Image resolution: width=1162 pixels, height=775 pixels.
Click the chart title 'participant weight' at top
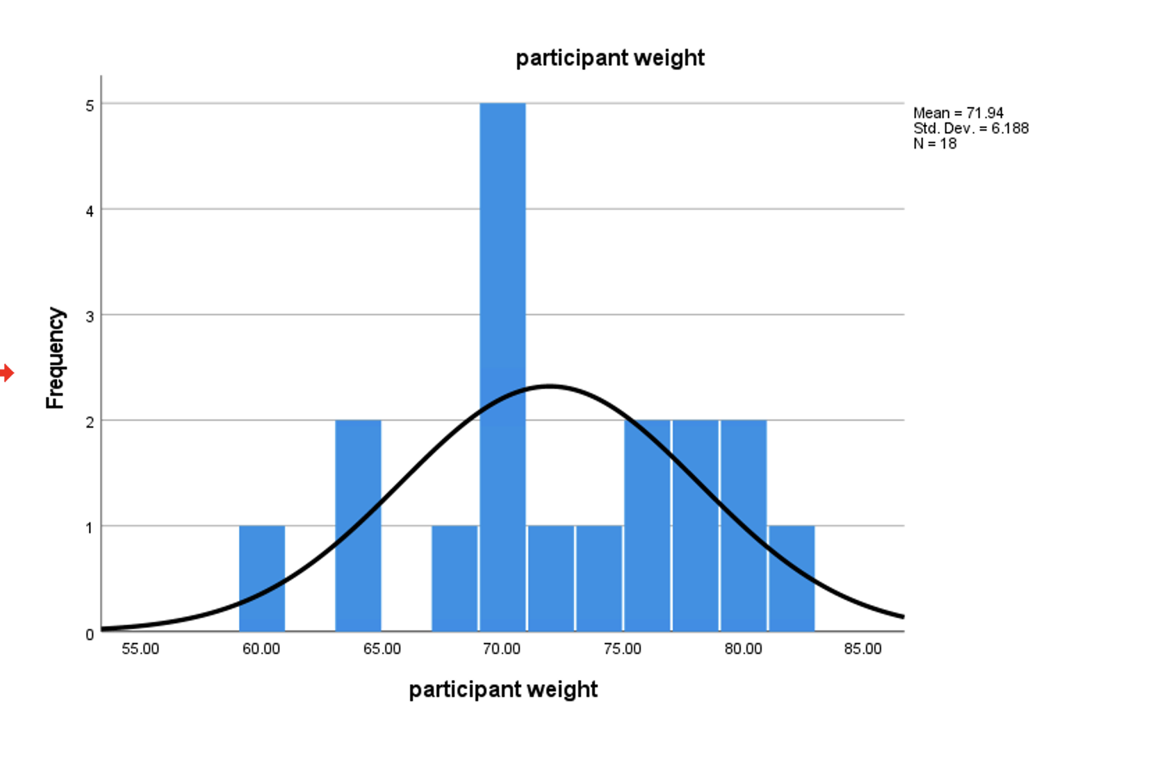click(x=609, y=58)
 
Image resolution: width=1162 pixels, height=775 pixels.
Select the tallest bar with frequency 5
click(x=502, y=278)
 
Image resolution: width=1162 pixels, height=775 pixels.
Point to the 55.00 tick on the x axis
click(x=140, y=649)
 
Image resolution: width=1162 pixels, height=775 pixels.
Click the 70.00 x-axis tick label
click(x=502, y=649)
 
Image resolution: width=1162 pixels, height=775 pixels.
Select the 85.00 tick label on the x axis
click(x=863, y=649)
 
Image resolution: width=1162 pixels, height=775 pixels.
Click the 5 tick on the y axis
click(x=90, y=106)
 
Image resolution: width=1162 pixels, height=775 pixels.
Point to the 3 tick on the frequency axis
click(x=90, y=317)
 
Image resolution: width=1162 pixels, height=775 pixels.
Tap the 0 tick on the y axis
click(x=90, y=634)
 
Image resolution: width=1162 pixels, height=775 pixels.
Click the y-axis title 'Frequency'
click(x=55, y=358)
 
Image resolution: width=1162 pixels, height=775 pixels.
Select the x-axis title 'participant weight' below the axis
click(x=503, y=690)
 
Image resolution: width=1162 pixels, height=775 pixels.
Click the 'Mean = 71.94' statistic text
click(x=958, y=112)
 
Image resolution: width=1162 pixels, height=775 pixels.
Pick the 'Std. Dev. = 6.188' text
click(x=971, y=128)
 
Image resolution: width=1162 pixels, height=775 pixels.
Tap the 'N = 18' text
click(x=935, y=143)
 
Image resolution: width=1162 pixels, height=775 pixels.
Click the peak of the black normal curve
click(x=550, y=385)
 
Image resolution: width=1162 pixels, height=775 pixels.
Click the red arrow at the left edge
click(x=7, y=373)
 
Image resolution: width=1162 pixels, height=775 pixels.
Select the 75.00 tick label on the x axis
click(x=623, y=649)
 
